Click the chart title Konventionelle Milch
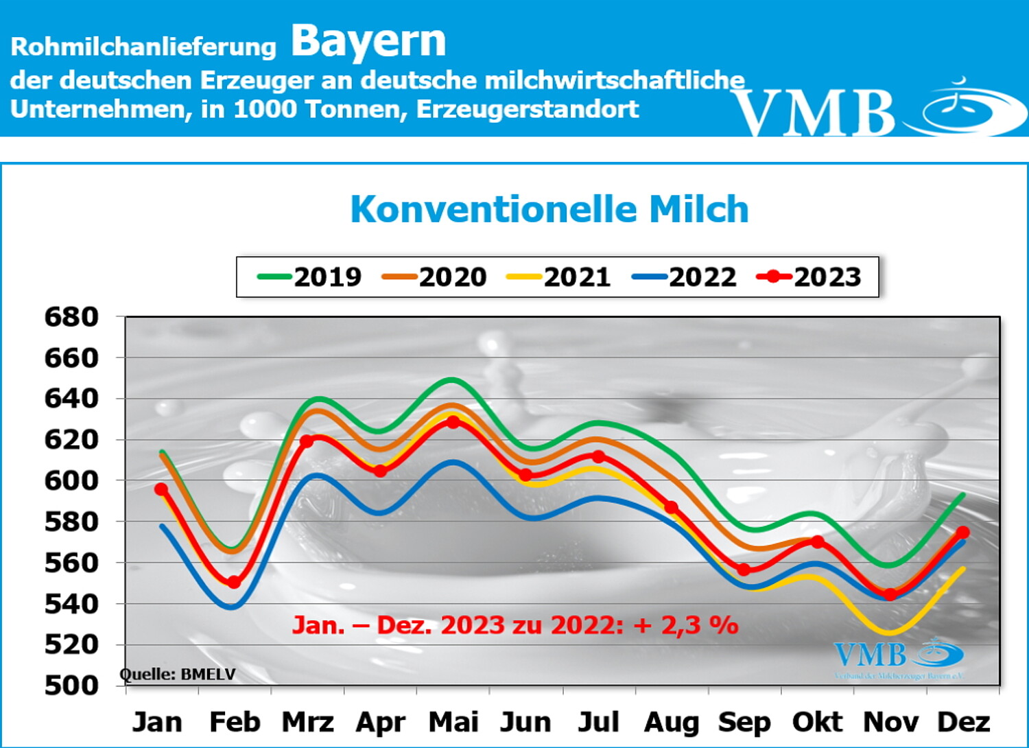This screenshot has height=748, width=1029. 549,209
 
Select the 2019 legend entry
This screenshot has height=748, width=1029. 310,277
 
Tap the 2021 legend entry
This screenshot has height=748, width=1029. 559,277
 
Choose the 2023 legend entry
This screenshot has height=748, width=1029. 809,277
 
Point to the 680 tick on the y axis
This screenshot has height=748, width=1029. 71,317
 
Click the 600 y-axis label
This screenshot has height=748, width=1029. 71,480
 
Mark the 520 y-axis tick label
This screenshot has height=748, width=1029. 71,644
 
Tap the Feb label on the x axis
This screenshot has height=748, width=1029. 235,722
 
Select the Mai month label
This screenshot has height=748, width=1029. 453,722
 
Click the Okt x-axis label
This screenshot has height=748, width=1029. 817,722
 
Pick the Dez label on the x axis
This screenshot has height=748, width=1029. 963,722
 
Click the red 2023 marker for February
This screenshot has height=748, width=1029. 234,582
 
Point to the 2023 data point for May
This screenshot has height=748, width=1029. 453,422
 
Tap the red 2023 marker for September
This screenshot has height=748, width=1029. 744,570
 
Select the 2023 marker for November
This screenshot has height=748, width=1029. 890,594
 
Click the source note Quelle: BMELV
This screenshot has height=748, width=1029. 178,675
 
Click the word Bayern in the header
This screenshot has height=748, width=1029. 368,41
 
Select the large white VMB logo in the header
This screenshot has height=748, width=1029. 878,110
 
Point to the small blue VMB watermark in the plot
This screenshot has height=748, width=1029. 899,657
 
